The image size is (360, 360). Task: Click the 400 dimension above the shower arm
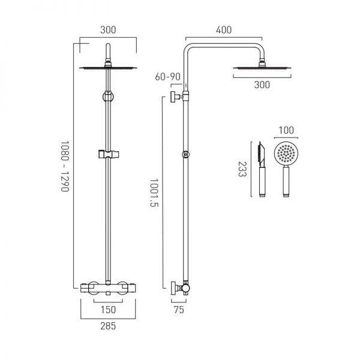[223, 28]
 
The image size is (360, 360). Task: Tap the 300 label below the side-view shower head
[261, 85]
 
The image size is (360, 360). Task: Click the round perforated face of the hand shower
[285, 155]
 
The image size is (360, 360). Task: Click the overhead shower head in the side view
[261, 68]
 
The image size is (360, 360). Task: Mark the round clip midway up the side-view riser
[186, 155]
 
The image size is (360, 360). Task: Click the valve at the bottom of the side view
[180, 287]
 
